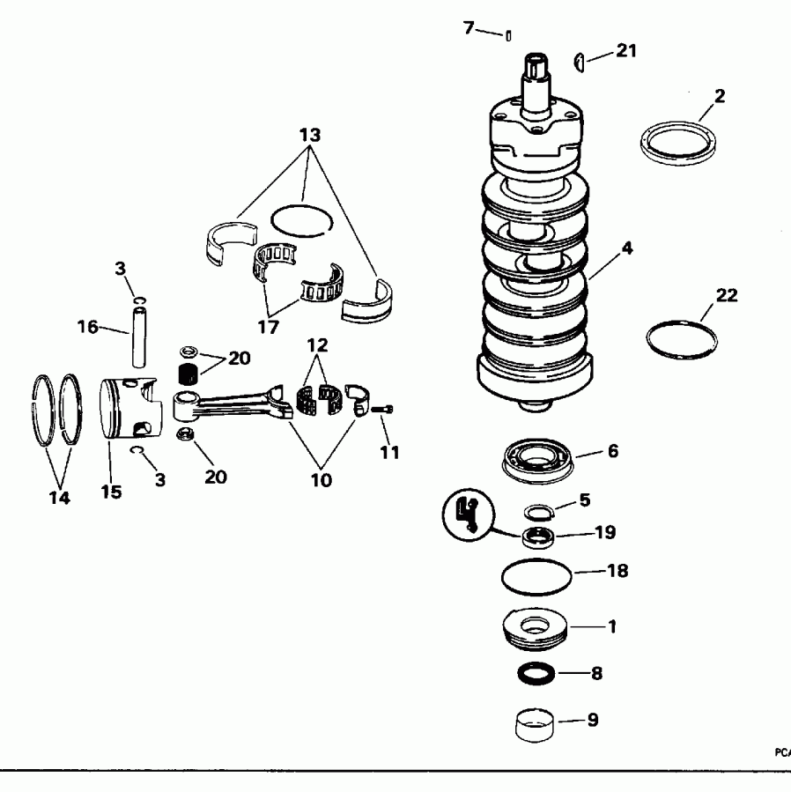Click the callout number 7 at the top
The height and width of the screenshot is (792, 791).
[469, 28]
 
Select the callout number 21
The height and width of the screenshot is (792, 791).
[625, 50]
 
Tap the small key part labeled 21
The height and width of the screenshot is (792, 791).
[580, 60]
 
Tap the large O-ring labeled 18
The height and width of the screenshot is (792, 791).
[536, 578]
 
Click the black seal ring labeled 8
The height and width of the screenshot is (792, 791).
[536, 674]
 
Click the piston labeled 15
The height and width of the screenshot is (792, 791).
[130, 409]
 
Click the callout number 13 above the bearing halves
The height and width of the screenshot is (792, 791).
[309, 137]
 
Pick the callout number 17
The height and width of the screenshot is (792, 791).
[268, 327]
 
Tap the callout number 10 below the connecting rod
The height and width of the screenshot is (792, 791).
[322, 481]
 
